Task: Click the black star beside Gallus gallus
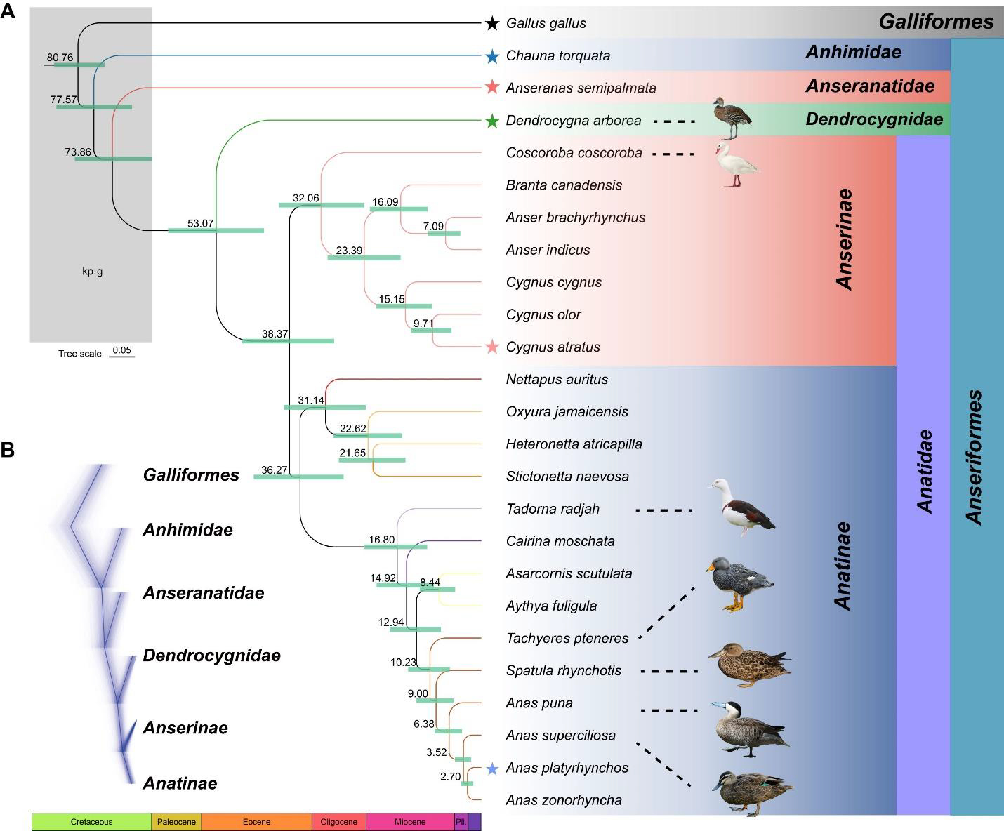point(492,24)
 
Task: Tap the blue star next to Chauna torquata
point(492,56)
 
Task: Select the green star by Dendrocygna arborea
point(492,121)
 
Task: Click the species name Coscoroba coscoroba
point(574,153)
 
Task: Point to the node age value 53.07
point(200,224)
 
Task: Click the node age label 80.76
point(60,58)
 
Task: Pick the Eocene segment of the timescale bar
point(256,822)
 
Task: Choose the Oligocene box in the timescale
point(338,822)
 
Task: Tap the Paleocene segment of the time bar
point(176,822)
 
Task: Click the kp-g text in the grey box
point(92,272)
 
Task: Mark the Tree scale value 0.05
point(121,350)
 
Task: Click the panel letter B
point(8,450)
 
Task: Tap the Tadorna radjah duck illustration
point(746,507)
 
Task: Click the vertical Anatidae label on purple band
point(925,471)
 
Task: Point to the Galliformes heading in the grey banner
point(936,22)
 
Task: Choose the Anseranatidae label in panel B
point(204,593)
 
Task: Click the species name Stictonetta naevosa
point(567,477)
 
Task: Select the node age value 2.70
point(450,777)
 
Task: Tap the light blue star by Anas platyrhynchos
point(493,769)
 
